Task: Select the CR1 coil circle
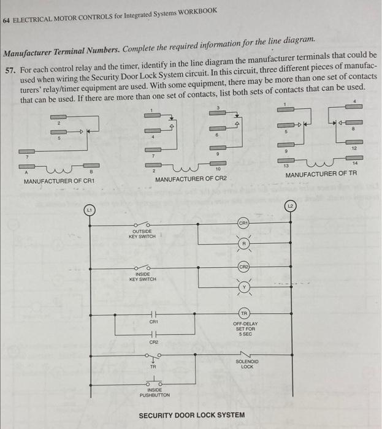pyautogui.click(x=244, y=224)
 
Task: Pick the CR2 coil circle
pyautogui.click(x=244, y=267)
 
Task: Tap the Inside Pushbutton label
pyautogui.click(x=155, y=393)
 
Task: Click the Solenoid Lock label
pyautogui.click(x=246, y=364)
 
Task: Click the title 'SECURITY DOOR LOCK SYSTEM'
pyautogui.click(x=191, y=415)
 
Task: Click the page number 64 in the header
pyautogui.click(x=6, y=20)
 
